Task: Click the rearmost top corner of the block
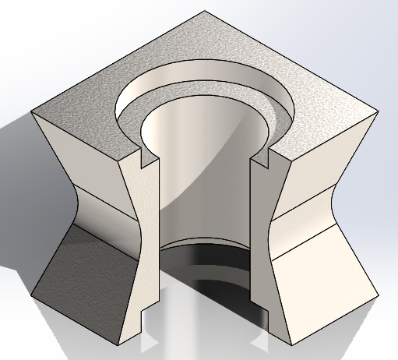click(205, 11)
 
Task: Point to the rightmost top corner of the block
click(379, 109)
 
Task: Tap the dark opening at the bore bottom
click(206, 265)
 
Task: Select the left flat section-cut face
click(140, 234)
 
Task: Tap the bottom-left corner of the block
click(116, 343)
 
